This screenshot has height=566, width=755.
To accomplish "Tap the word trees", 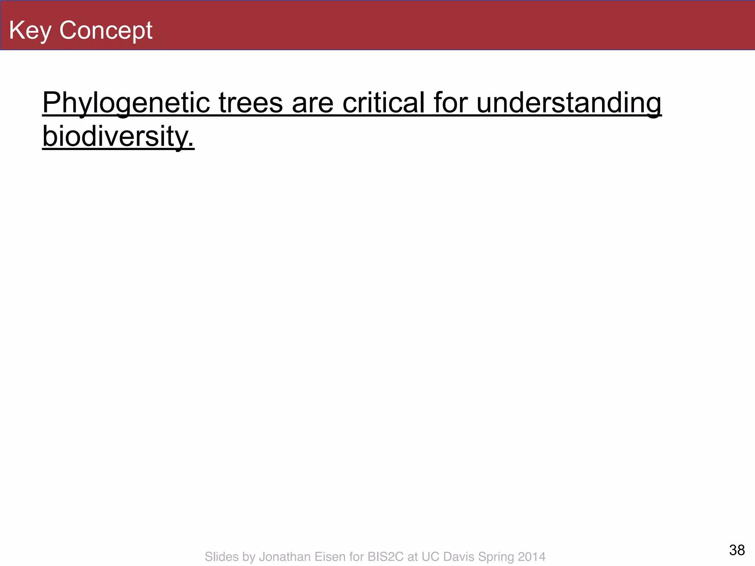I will tap(251, 103).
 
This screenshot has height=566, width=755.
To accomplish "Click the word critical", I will tap(383, 103).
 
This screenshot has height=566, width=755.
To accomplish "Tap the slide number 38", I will tap(737, 550).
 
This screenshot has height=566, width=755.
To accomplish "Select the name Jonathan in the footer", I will tap(283, 556).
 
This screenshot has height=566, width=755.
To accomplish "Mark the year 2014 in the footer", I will tap(532, 556).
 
